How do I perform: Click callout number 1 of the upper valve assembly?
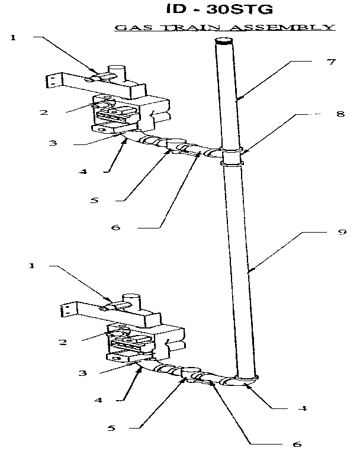tap(13, 38)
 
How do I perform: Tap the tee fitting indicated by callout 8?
tap(232, 154)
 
